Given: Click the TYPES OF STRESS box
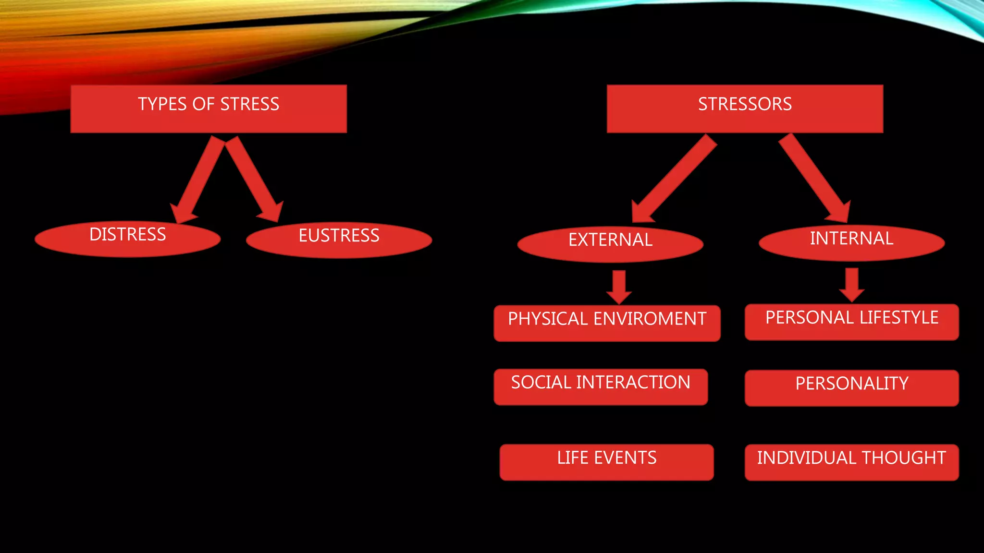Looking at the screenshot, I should (x=209, y=108).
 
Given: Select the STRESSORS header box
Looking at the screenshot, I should (x=745, y=108).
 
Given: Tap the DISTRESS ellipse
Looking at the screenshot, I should (x=128, y=239).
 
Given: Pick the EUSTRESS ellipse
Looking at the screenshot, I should (x=339, y=240).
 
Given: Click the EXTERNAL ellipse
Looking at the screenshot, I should (x=610, y=244).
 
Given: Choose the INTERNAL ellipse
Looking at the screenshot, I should (x=851, y=243).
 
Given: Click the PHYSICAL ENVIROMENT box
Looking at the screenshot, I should (x=607, y=323).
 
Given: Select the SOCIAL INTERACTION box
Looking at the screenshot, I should (x=601, y=387).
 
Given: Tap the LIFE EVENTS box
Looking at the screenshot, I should (x=606, y=462).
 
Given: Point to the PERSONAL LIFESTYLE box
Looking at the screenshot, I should (x=851, y=322).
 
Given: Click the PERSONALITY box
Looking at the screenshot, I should (x=851, y=388).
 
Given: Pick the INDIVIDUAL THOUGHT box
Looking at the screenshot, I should (x=851, y=462).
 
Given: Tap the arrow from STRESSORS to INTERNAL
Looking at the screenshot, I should (x=814, y=178).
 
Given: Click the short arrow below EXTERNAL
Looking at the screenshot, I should (x=619, y=287).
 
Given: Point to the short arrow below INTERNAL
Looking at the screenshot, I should (x=852, y=285).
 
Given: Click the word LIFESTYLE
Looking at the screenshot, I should (x=898, y=317).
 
